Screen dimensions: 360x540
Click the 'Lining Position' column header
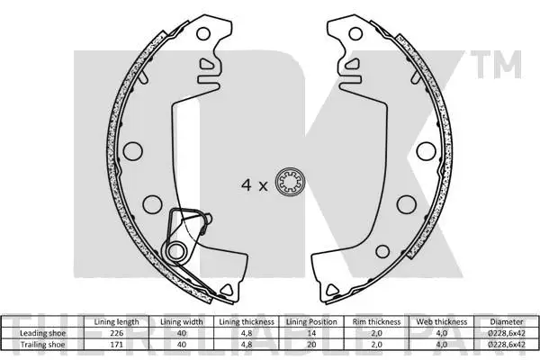[x=311, y=321]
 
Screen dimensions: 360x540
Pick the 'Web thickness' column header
[x=440, y=321]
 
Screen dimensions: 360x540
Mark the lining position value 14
[x=311, y=332]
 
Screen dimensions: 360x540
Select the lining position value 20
[x=311, y=342]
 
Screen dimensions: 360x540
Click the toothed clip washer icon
[x=292, y=185]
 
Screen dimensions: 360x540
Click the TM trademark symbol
[x=507, y=65]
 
